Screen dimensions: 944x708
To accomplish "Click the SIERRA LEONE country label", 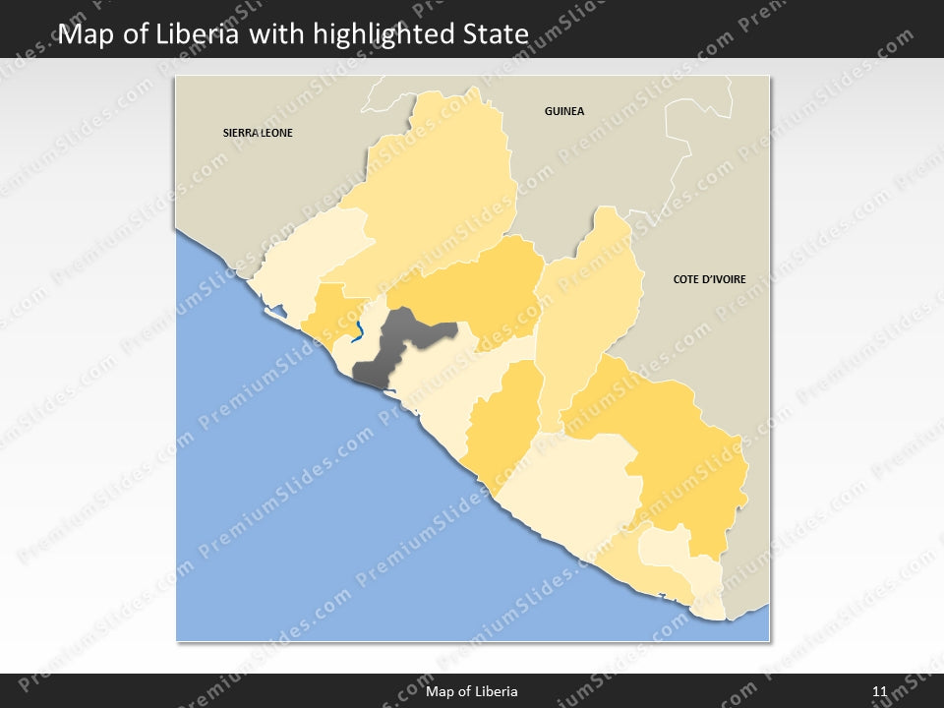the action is tap(258, 132).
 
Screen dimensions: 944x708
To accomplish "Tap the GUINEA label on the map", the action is tap(564, 111).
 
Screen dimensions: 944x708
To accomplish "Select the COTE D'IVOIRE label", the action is tap(709, 279).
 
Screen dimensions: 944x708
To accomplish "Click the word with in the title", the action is tap(278, 34).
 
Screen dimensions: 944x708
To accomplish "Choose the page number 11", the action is tap(879, 691).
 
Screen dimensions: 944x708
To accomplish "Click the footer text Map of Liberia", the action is tap(472, 691).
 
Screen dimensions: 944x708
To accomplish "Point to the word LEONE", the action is tap(275, 132).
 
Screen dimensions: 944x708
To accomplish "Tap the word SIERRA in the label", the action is tap(239, 132).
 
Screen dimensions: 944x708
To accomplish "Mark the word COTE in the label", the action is tap(686, 279).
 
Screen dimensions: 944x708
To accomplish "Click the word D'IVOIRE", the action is tap(723, 279).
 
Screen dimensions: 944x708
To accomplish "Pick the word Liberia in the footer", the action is tap(496, 691).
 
